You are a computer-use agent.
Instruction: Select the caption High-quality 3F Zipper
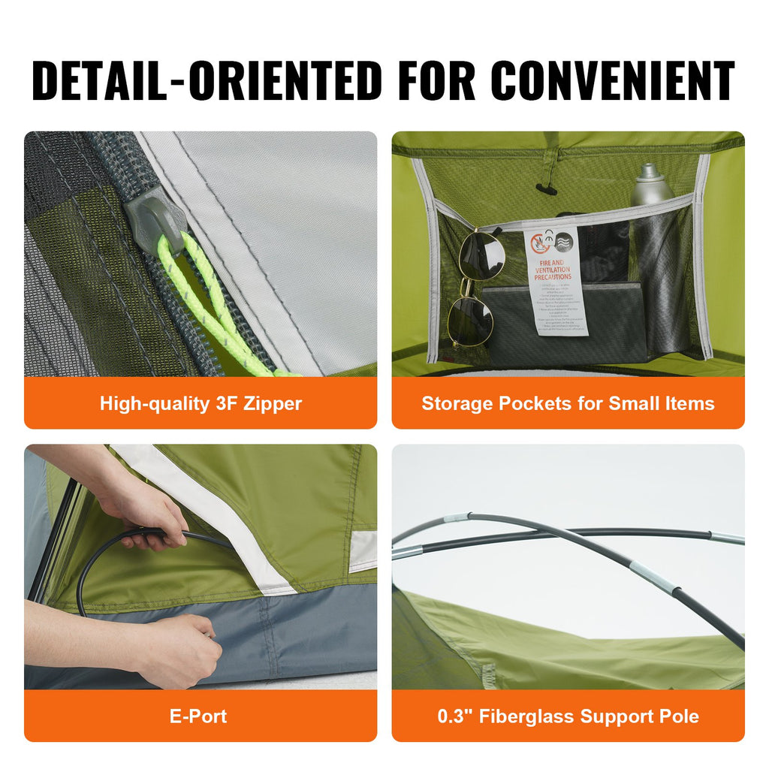[201, 403]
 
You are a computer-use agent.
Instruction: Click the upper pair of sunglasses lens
[481, 253]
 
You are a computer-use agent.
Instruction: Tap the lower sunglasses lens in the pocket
[469, 319]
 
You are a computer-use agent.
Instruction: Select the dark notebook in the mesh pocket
[563, 323]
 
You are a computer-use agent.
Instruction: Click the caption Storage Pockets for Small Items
[568, 403]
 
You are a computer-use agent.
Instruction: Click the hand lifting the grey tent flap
[176, 646]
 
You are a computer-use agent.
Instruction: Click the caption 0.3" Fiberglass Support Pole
[568, 716]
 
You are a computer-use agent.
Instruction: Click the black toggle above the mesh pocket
[547, 188]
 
